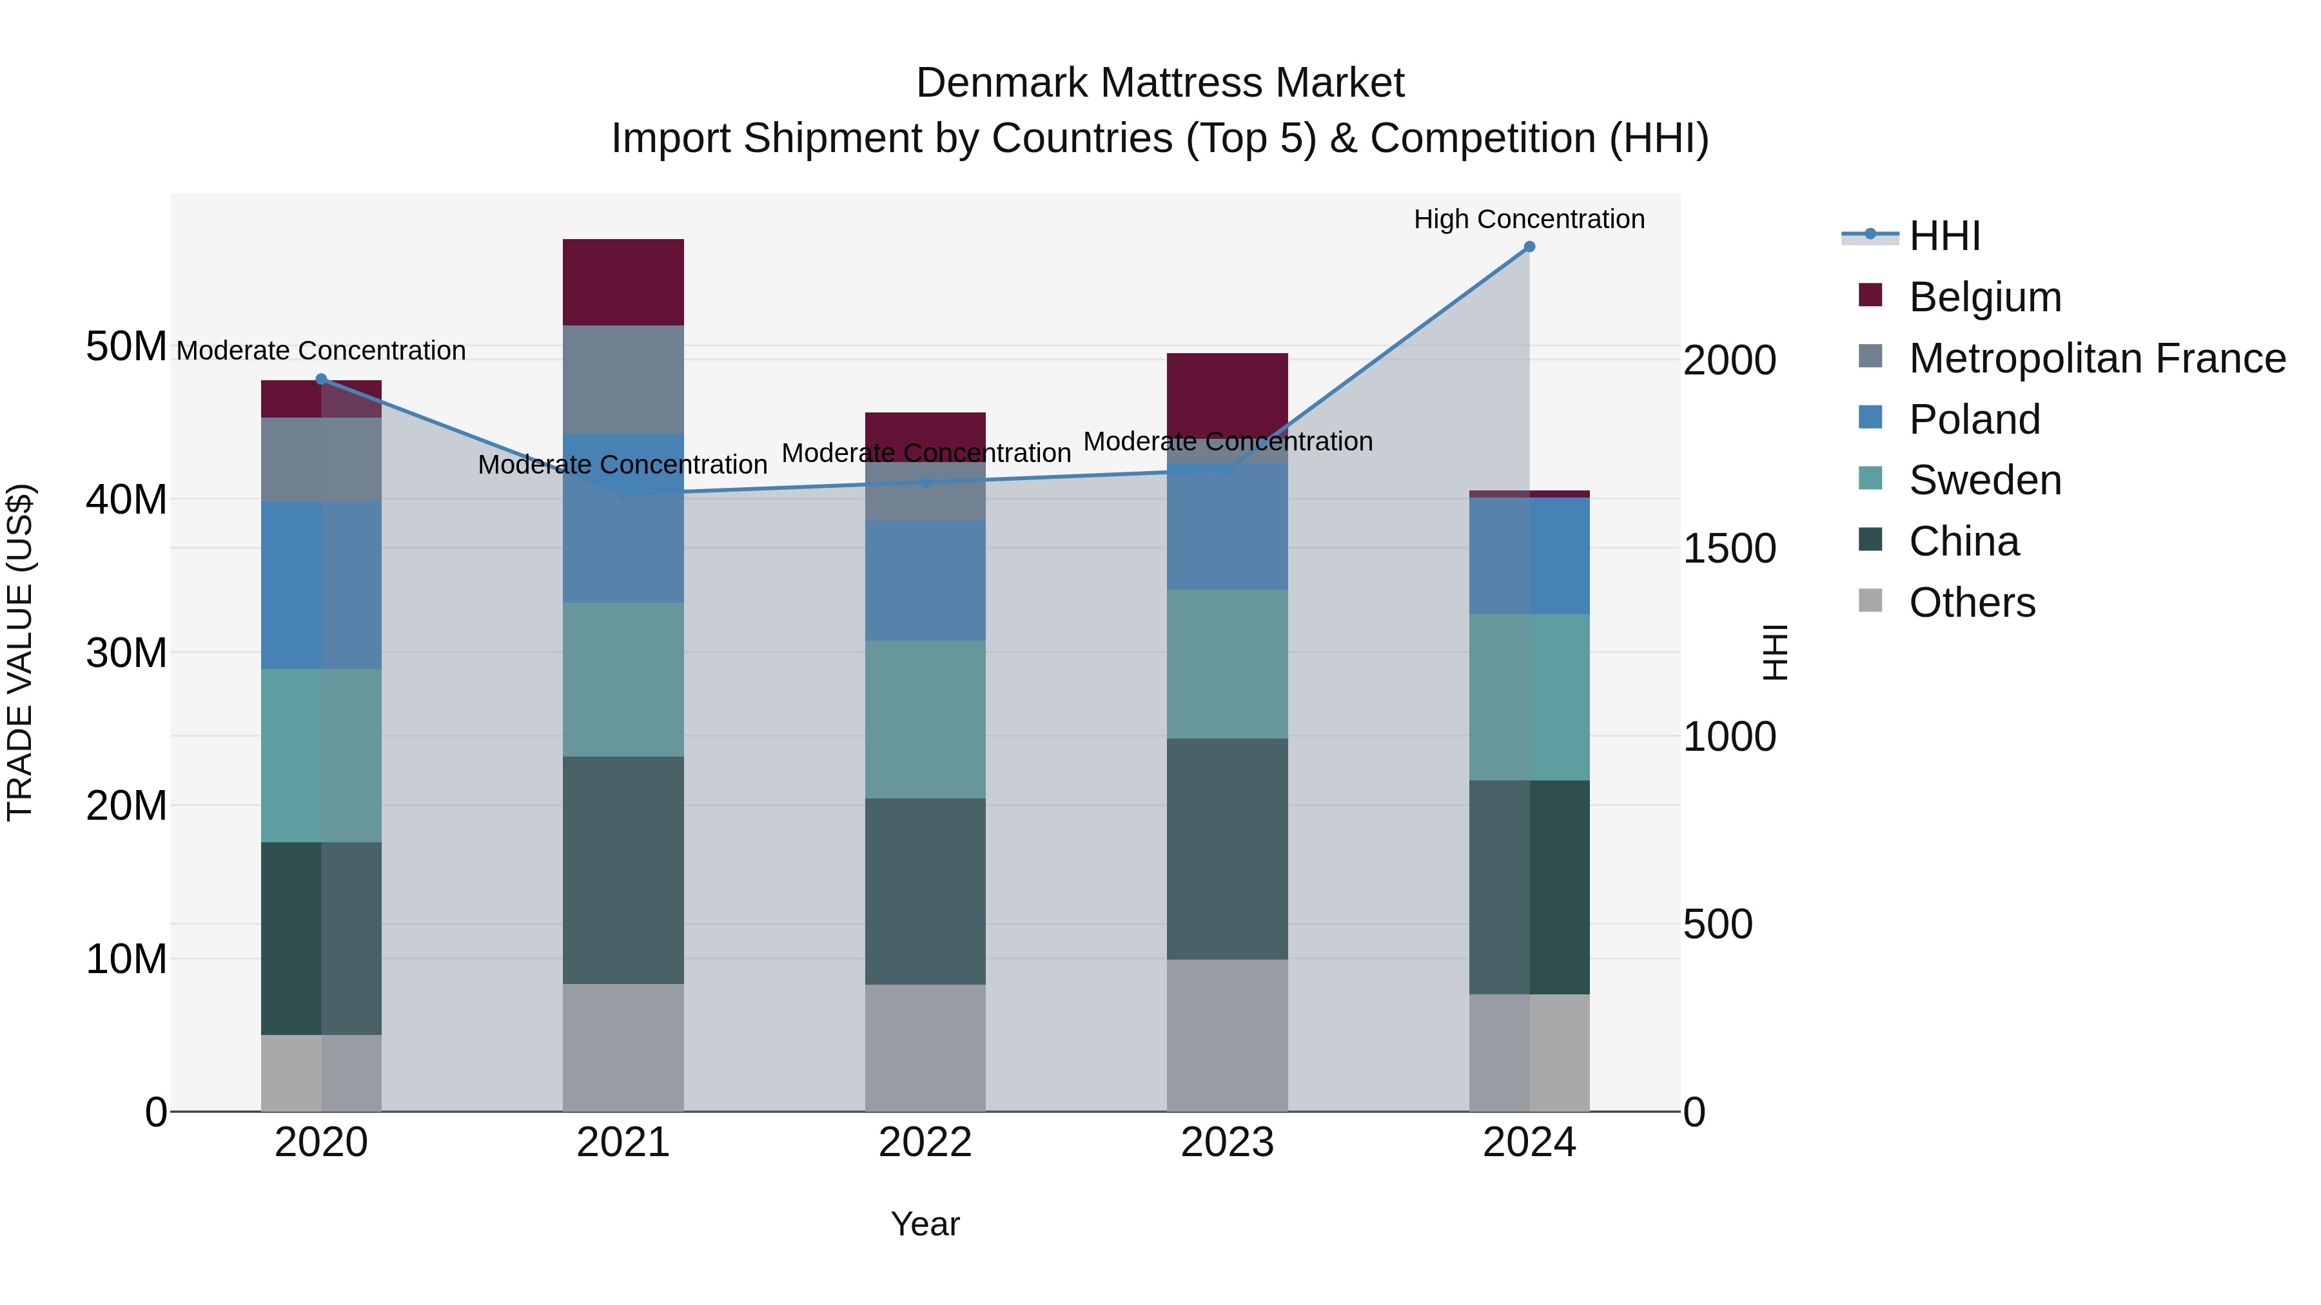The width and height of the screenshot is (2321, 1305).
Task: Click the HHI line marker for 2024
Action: tap(1529, 247)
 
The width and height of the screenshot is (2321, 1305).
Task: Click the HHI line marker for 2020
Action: tap(322, 379)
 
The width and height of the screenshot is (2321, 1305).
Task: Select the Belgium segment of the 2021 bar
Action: tap(623, 282)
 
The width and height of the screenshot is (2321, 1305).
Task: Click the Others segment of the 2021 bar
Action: tap(623, 1047)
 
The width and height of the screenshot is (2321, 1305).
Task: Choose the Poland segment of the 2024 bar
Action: tap(1529, 556)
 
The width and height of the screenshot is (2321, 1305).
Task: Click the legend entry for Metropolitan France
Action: tap(2097, 358)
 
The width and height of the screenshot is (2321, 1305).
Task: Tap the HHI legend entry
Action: tap(1944, 236)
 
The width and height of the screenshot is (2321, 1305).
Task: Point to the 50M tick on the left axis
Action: tap(126, 347)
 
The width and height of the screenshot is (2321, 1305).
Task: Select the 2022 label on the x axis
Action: tap(925, 1143)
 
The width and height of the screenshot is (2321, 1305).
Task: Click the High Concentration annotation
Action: tap(1529, 219)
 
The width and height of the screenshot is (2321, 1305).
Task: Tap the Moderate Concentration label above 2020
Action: tap(322, 351)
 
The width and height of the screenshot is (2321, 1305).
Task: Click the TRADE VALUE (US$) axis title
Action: tap(20, 652)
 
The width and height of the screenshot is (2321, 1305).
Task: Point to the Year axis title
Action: tap(925, 1224)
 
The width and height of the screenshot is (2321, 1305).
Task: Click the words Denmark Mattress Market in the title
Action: tap(1160, 83)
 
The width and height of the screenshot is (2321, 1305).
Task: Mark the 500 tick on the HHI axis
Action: tap(1718, 924)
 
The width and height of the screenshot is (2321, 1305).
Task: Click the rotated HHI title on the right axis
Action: tap(1774, 652)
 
